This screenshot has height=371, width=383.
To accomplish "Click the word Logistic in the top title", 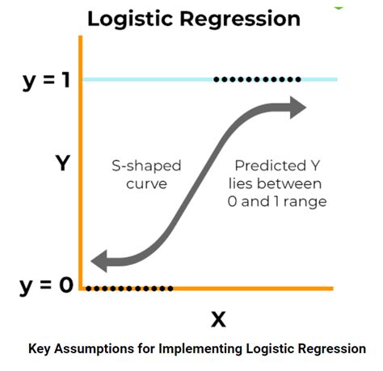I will pyautogui.click(x=127, y=19).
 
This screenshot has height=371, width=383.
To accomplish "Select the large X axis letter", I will pyautogui.click(x=217, y=319).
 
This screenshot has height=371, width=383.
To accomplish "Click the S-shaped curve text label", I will pyautogui.click(x=145, y=174).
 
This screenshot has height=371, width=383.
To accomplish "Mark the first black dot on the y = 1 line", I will pyautogui.click(x=216, y=79).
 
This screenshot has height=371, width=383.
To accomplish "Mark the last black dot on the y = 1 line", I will pyautogui.click(x=299, y=79).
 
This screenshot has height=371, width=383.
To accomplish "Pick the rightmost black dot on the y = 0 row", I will pyautogui.click(x=170, y=288).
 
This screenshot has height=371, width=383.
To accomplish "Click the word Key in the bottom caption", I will pyautogui.click(x=40, y=349).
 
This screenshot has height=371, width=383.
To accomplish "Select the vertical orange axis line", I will pyautogui.click(x=81, y=162).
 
